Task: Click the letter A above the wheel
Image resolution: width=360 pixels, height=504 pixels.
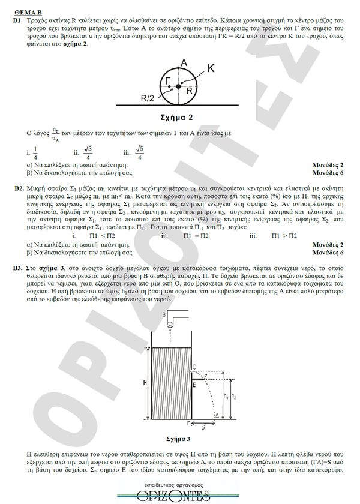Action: (x=184, y=62)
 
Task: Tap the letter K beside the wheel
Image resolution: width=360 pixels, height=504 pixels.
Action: (x=210, y=69)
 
